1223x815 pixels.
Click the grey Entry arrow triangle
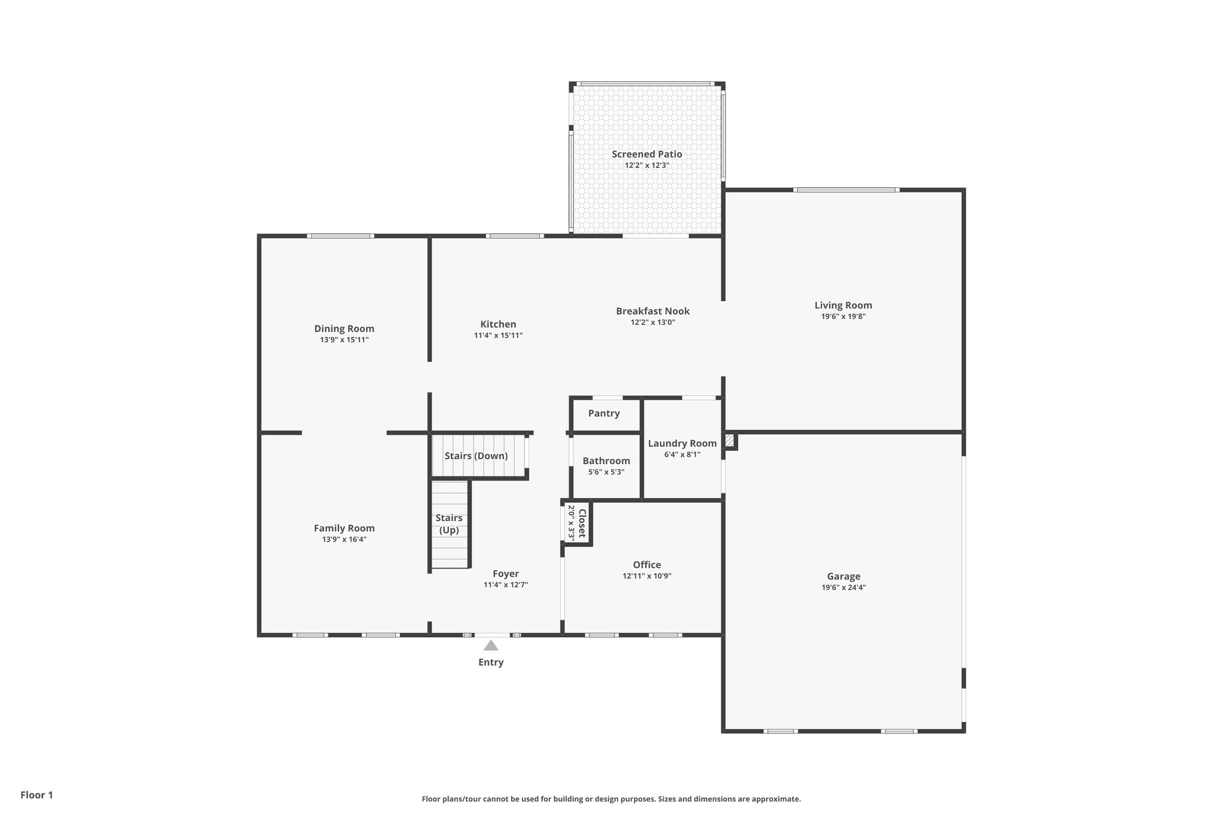tap(491, 645)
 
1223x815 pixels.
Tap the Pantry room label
tap(604, 413)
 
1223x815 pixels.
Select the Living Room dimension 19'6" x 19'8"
tap(843, 316)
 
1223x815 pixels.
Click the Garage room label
tap(844, 576)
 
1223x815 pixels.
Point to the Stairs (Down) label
tap(476, 456)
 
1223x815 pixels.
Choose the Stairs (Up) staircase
tap(450, 524)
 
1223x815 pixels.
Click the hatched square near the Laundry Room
tap(729, 441)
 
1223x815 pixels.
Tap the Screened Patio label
tap(647, 154)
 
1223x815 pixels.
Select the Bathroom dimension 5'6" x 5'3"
tap(606, 472)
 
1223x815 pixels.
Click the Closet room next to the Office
tap(577, 523)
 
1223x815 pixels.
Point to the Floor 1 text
tap(37, 795)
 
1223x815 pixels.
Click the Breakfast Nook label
tap(653, 311)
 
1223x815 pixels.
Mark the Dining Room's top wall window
tap(341, 236)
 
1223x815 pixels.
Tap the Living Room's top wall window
tap(846, 190)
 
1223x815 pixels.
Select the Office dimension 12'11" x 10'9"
tap(647, 576)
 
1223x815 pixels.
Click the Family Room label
tap(345, 528)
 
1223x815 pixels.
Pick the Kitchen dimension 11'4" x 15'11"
tap(498, 336)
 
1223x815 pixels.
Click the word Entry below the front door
tap(491, 662)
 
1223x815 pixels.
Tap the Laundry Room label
tap(683, 443)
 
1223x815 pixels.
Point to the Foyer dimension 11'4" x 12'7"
tap(506, 585)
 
